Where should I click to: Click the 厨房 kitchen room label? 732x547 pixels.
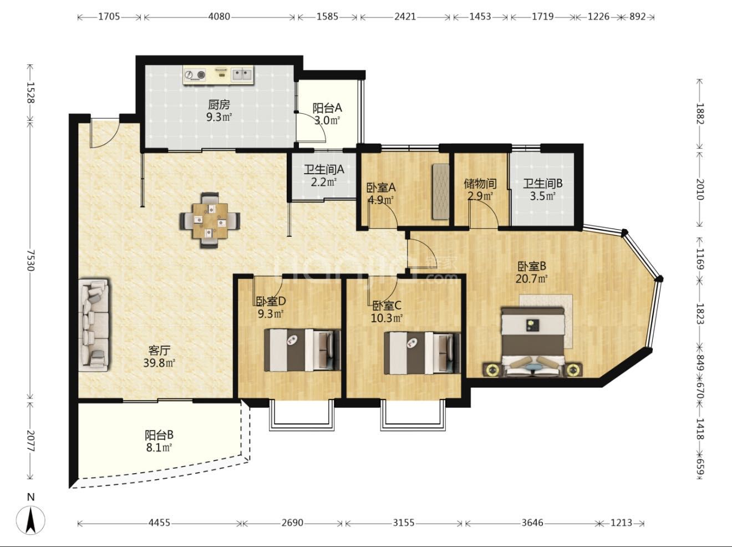pos(219,105)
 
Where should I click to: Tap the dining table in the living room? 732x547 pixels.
pos(210,220)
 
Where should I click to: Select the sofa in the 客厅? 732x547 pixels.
pos(94,325)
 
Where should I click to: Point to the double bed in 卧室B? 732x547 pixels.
pos(533,342)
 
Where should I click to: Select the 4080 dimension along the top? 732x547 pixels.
pos(219,16)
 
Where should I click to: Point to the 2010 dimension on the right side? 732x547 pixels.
pos(700,189)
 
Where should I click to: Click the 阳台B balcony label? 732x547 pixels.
pos(159,435)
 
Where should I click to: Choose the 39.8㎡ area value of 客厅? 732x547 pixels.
pos(159,363)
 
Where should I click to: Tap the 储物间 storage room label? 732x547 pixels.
pos(480,184)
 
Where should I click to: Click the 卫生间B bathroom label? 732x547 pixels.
pos(542,184)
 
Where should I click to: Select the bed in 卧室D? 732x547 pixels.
pos(302,350)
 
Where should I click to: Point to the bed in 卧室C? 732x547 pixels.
pos(422,353)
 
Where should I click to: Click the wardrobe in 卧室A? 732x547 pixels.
pos(440,192)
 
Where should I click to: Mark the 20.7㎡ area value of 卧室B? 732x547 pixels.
pos(532,278)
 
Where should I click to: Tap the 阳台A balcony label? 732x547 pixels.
pos(327,108)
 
